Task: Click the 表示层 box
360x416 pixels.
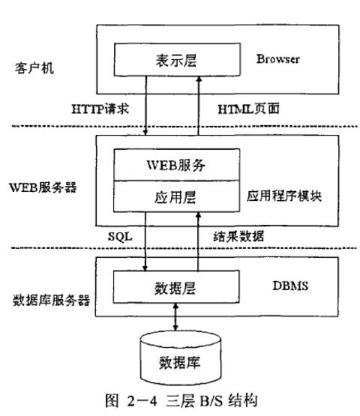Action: [177, 61]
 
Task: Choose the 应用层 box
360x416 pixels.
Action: [177, 196]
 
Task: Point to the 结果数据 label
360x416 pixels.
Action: [238, 236]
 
